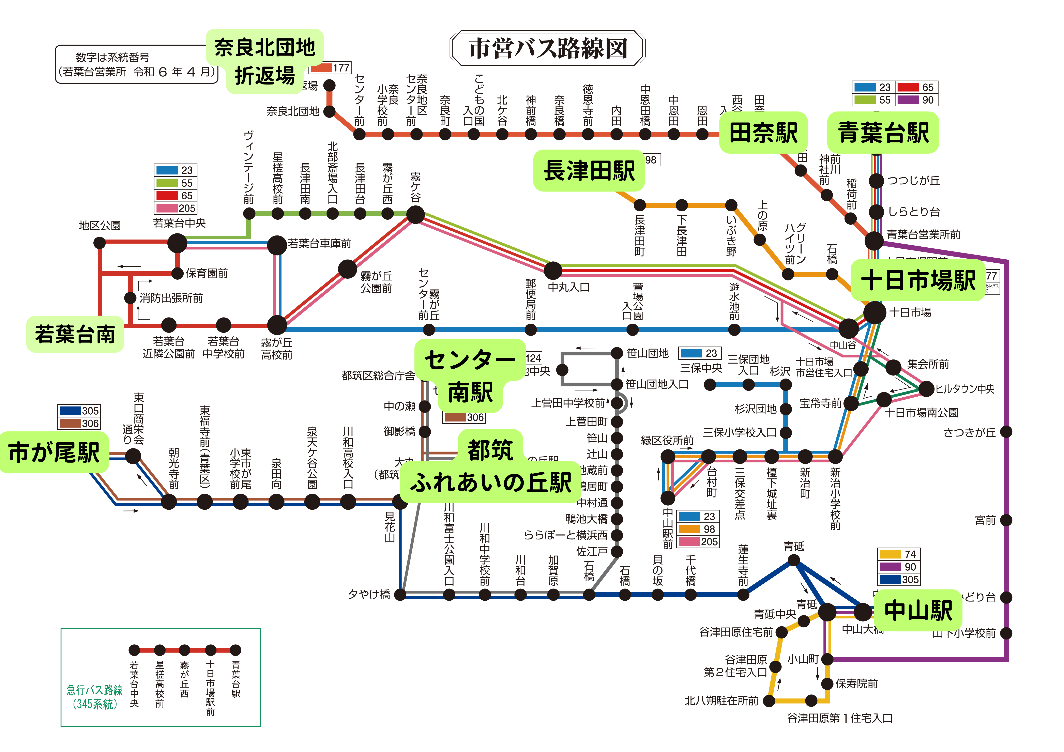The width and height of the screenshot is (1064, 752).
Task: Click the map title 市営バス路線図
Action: (x=547, y=48)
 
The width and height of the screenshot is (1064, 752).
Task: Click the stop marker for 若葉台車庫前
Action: (x=277, y=245)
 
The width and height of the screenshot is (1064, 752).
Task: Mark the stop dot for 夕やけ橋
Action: (x=400, y=595)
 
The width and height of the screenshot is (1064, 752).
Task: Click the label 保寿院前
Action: (x=856, y=684)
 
